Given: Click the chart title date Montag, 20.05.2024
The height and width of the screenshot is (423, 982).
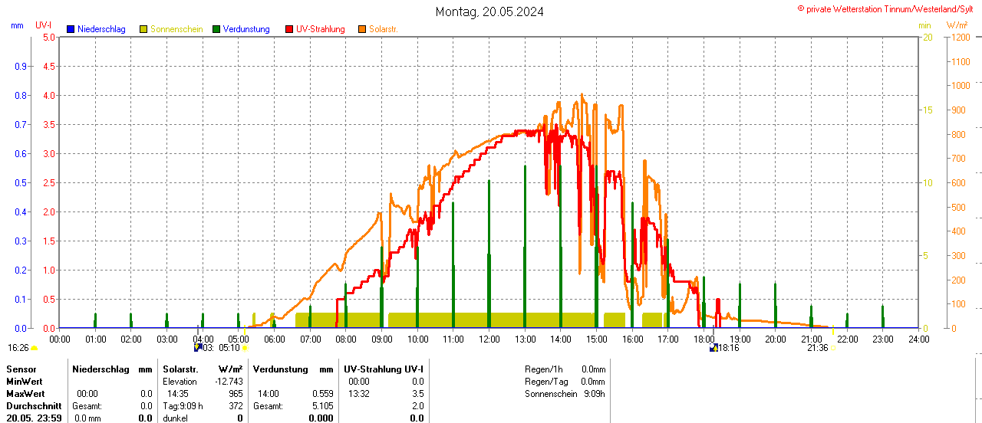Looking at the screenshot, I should point(489,11).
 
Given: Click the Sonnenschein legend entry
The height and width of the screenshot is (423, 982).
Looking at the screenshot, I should point(176,29).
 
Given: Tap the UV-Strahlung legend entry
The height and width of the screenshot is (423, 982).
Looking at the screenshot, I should point(320,29).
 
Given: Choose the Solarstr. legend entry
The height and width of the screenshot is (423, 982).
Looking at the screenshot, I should point(383,29).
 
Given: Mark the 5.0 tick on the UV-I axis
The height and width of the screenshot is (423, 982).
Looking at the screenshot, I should point(48,37).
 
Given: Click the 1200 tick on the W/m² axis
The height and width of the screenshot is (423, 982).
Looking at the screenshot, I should point(959,37).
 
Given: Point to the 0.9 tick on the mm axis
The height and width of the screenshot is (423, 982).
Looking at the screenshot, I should point(21,66).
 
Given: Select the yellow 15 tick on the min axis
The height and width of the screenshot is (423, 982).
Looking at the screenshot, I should point(927,110).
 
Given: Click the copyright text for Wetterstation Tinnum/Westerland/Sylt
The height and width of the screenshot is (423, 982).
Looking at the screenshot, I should point(889,8).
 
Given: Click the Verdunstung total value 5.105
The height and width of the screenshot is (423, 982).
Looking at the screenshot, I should point(322,406).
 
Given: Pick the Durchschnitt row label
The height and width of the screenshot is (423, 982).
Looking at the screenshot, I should point(33,406).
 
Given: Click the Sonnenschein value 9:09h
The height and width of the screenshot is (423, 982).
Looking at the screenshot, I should point(593,394).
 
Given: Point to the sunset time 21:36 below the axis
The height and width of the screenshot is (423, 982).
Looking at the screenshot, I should point(817,348).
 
